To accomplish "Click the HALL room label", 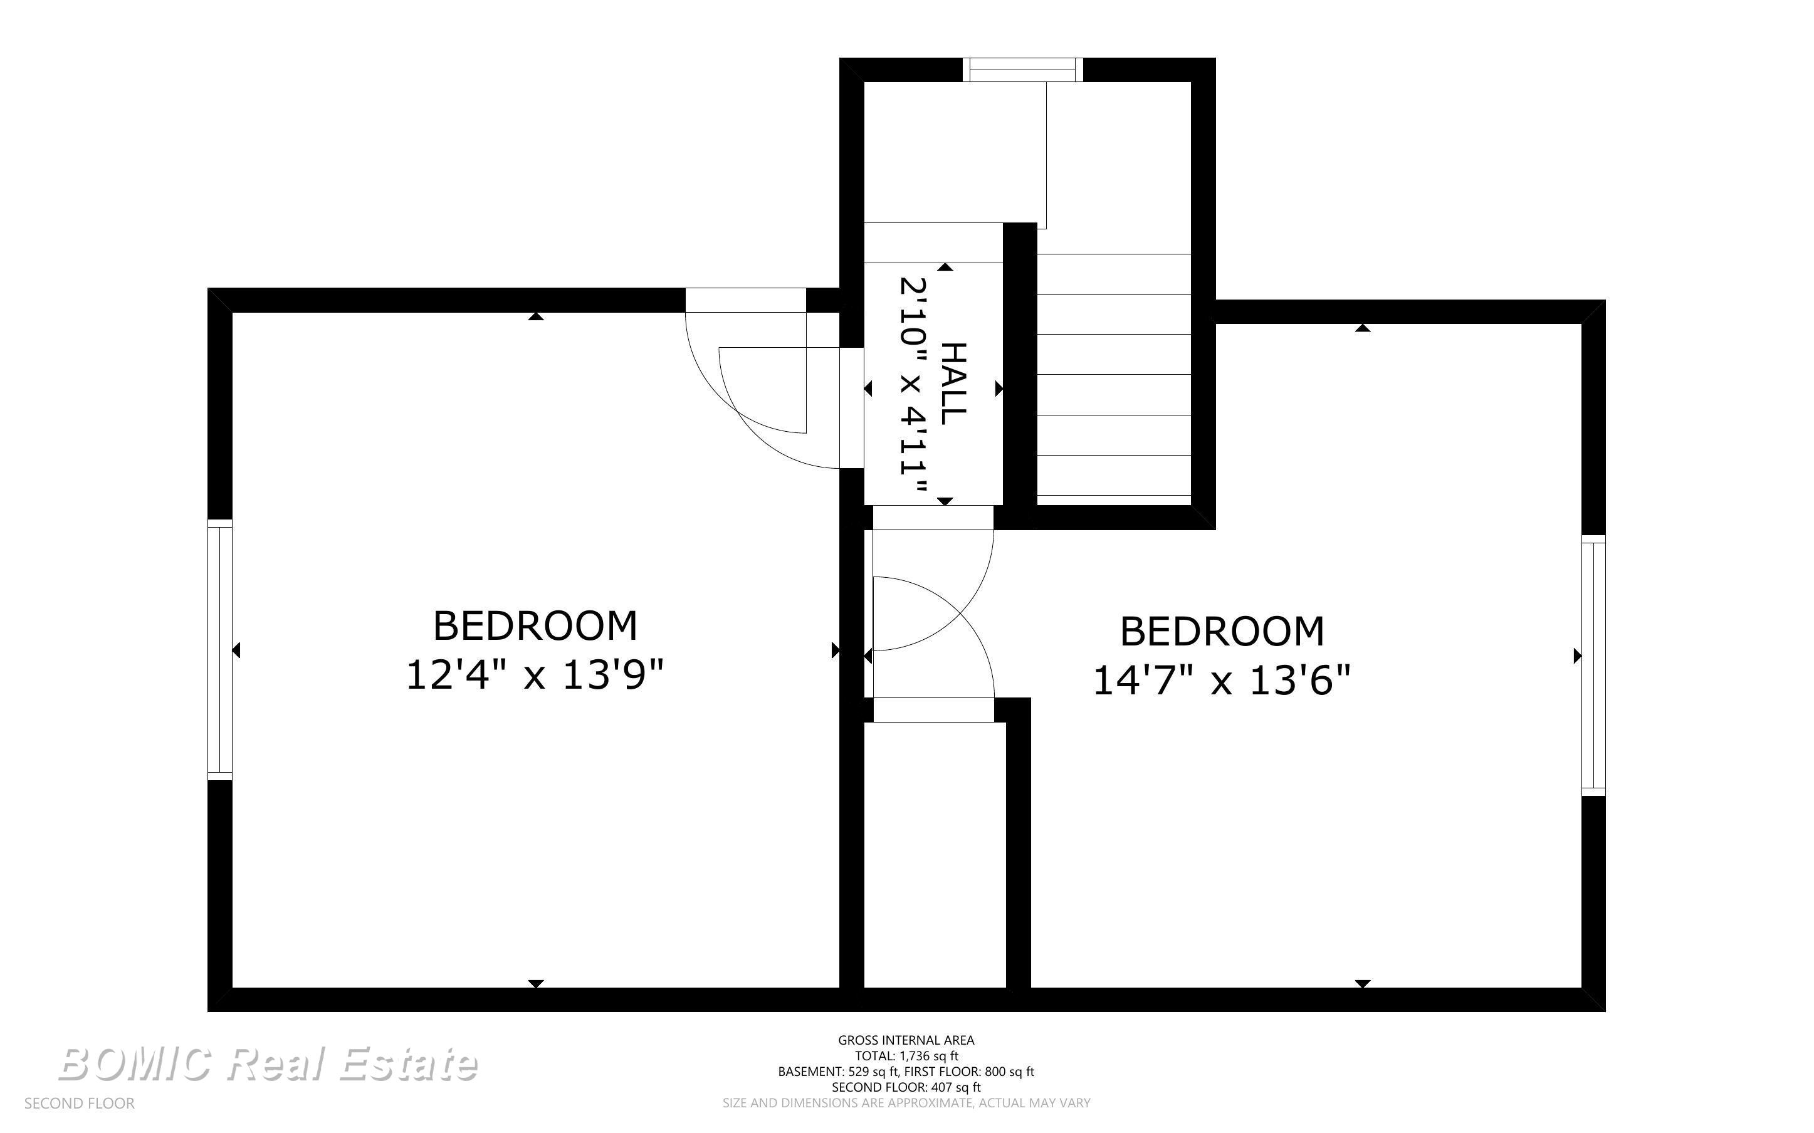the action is (953, 384).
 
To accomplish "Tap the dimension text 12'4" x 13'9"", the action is (535, 675).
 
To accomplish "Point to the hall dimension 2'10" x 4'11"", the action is (913, 386).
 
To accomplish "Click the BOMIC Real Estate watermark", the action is (268, 1064).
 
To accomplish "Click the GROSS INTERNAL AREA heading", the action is (906, 1040).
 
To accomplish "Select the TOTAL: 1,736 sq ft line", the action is (906, 1056).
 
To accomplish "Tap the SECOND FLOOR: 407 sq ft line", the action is (906, 1087).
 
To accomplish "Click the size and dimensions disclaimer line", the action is (906, 1103).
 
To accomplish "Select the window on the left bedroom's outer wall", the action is (220, 650).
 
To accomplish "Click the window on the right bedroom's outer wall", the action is (1594, 666).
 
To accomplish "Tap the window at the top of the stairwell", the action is (1023, 70).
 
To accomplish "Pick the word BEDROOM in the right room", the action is (1222, 632).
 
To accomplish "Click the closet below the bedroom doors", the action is (935, 854).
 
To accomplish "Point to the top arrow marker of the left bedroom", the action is (536, 316).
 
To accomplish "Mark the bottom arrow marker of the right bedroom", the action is (1363, 984).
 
